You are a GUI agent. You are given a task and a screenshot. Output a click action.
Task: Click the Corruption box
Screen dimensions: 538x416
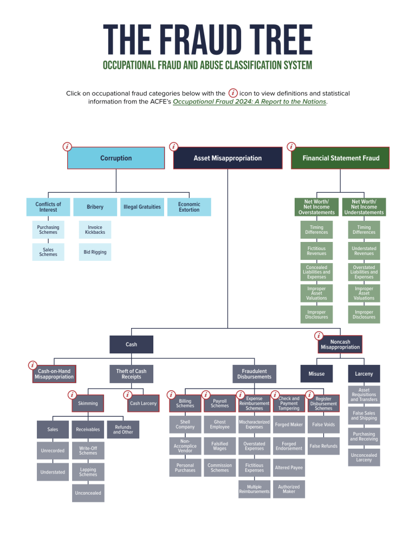coord(115,158)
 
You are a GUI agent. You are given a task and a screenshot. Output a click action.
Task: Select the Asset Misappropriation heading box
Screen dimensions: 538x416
coord(227,158)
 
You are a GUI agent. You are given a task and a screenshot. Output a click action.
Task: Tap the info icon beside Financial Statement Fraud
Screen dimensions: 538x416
coord(291,146)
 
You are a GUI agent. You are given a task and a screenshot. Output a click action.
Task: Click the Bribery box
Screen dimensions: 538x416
coord(95,207)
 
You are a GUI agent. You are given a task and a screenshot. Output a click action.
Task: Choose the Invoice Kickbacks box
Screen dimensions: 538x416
coord(95,229)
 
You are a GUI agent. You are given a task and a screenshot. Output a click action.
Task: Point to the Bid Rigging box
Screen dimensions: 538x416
coord(95,252)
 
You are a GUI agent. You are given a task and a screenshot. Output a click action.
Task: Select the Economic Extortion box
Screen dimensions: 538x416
coord(188,207)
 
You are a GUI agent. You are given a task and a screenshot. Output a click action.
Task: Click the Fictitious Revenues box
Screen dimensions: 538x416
coord(316,250)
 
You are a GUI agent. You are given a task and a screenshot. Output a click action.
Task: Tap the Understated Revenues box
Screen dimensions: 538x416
coord(364,250)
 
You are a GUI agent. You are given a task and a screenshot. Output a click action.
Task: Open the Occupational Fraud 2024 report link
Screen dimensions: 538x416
coord(250,101)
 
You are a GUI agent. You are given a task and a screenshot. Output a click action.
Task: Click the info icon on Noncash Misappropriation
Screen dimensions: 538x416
coord(319,336)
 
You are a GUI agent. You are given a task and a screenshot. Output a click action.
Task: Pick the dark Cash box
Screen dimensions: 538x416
coord(131,344)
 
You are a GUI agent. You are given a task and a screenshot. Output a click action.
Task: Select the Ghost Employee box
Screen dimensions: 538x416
coord(219,424)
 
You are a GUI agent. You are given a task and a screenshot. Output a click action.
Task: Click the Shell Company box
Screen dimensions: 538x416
coord(185,424)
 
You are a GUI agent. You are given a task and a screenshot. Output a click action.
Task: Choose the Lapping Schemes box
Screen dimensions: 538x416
coord(88,471)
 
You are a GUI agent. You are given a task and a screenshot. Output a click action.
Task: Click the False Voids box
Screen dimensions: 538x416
coord(323,424)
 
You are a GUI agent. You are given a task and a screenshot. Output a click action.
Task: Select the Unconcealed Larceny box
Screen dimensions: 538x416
coord(364,457)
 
